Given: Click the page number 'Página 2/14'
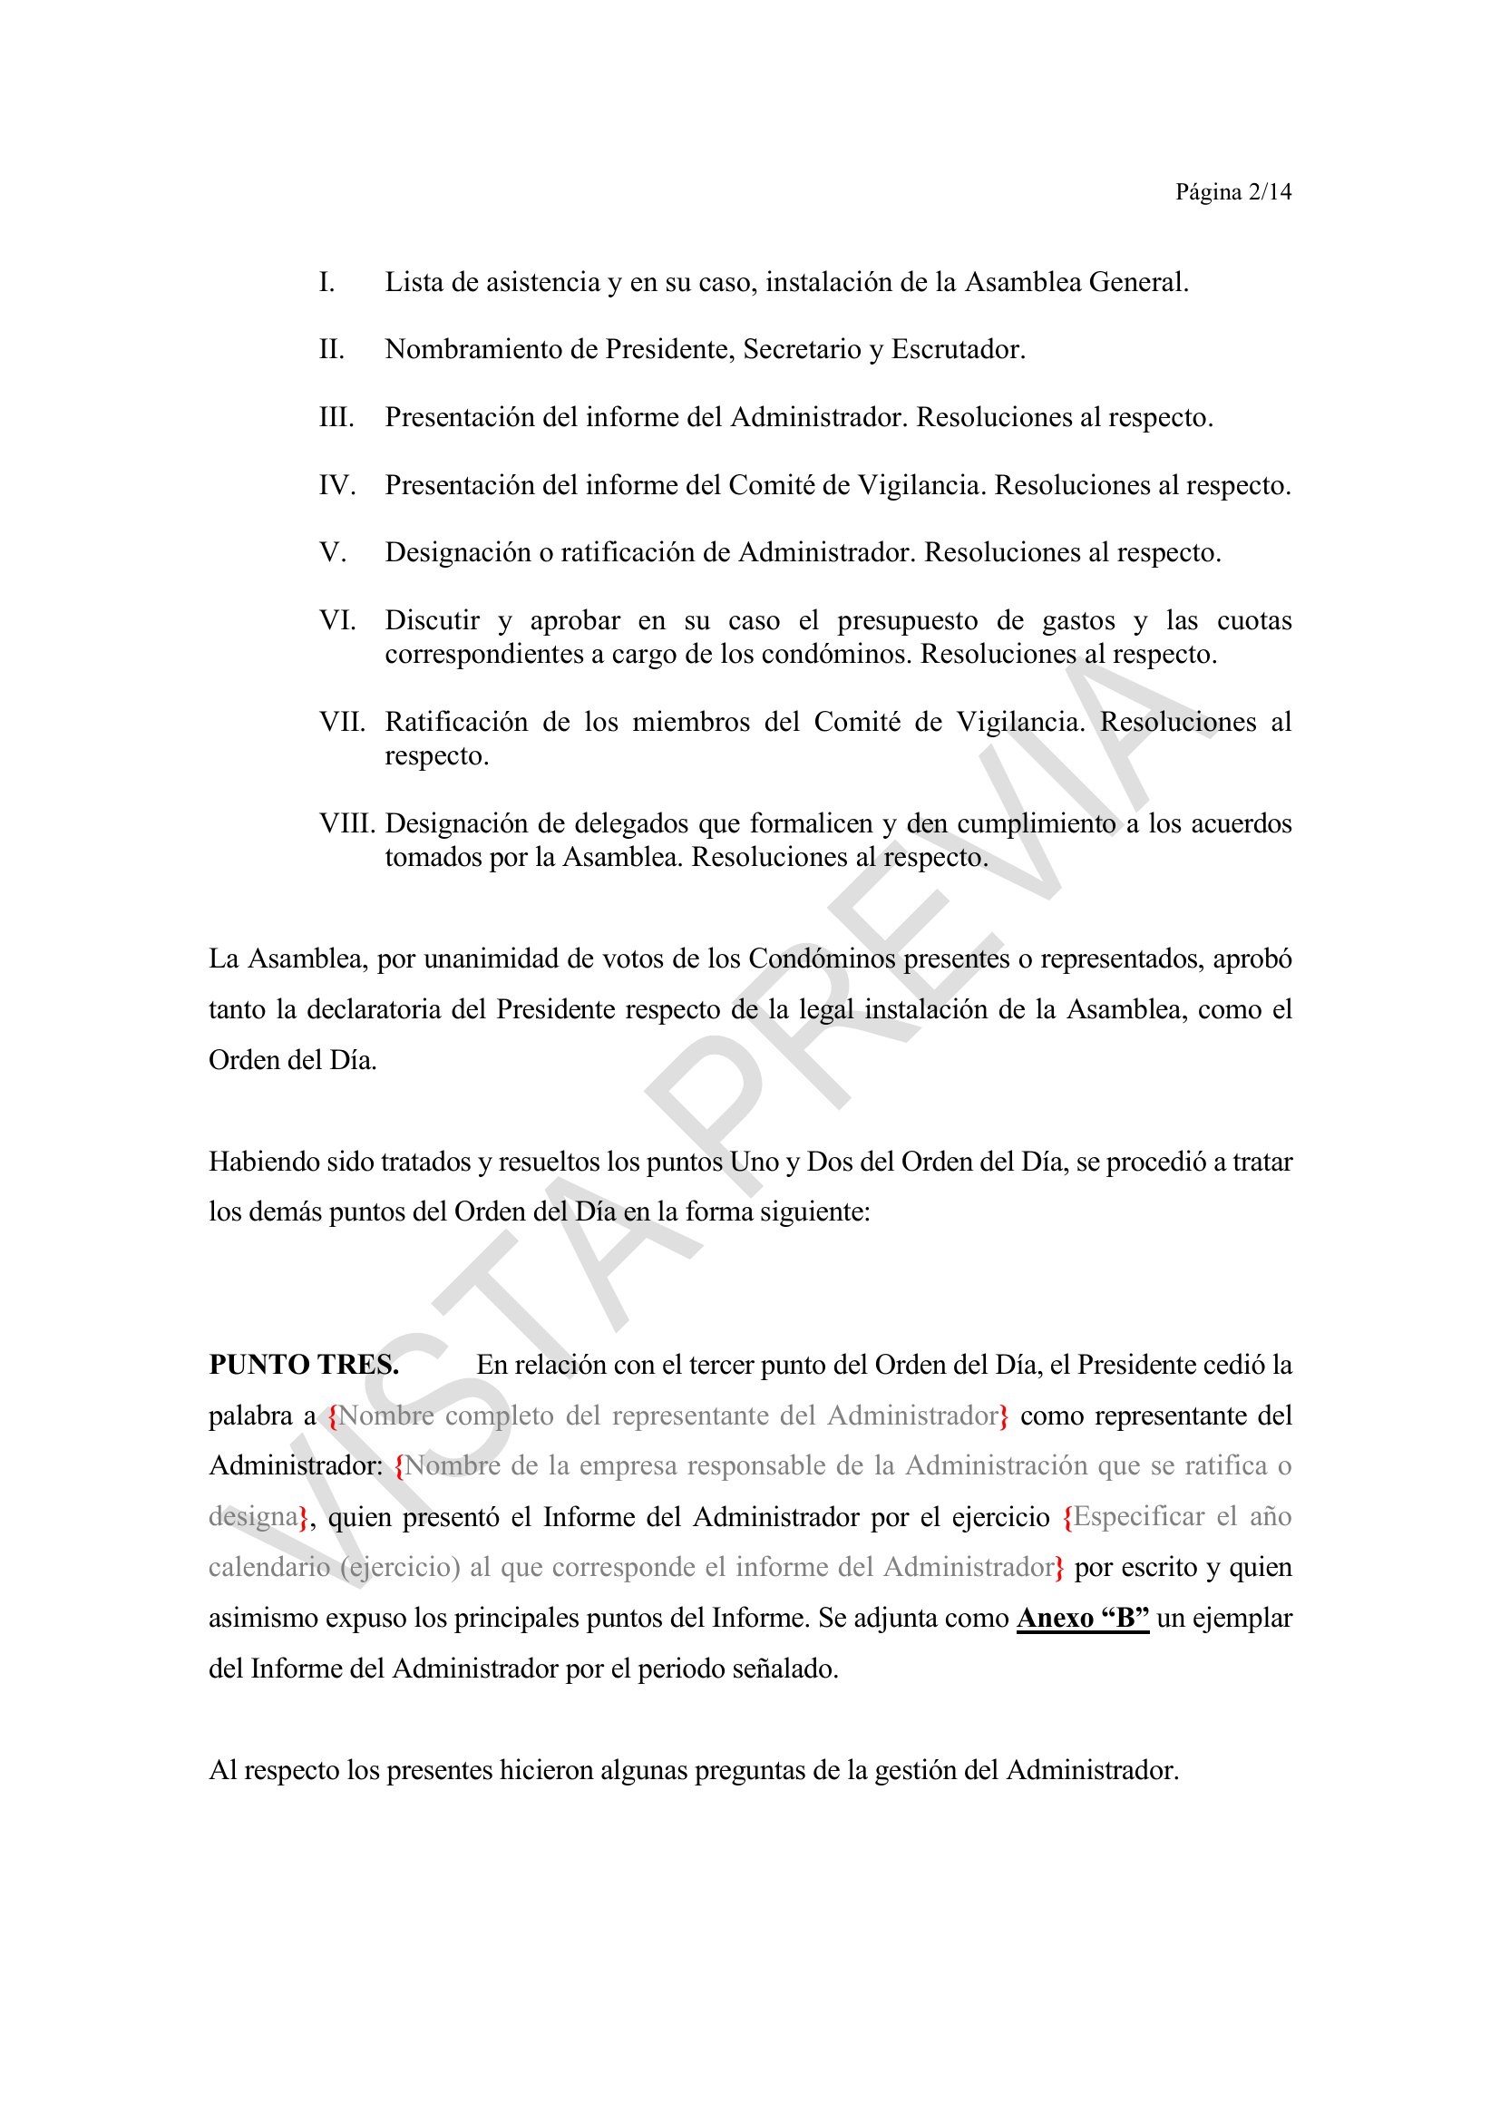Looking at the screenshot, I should [x=1232, y=192].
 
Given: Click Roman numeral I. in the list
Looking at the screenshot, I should [x=327, y=283].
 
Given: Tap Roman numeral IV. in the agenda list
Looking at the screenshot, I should [x=337, y=486].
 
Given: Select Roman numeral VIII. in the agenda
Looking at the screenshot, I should [x=347, y=824].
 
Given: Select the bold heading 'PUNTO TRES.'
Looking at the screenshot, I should [x=304, y=1366].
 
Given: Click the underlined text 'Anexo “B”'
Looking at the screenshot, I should [x=1083, y=1619].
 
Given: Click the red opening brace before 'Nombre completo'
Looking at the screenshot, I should [x=334, y=1417].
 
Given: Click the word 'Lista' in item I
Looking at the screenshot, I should [x=414, y=283].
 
